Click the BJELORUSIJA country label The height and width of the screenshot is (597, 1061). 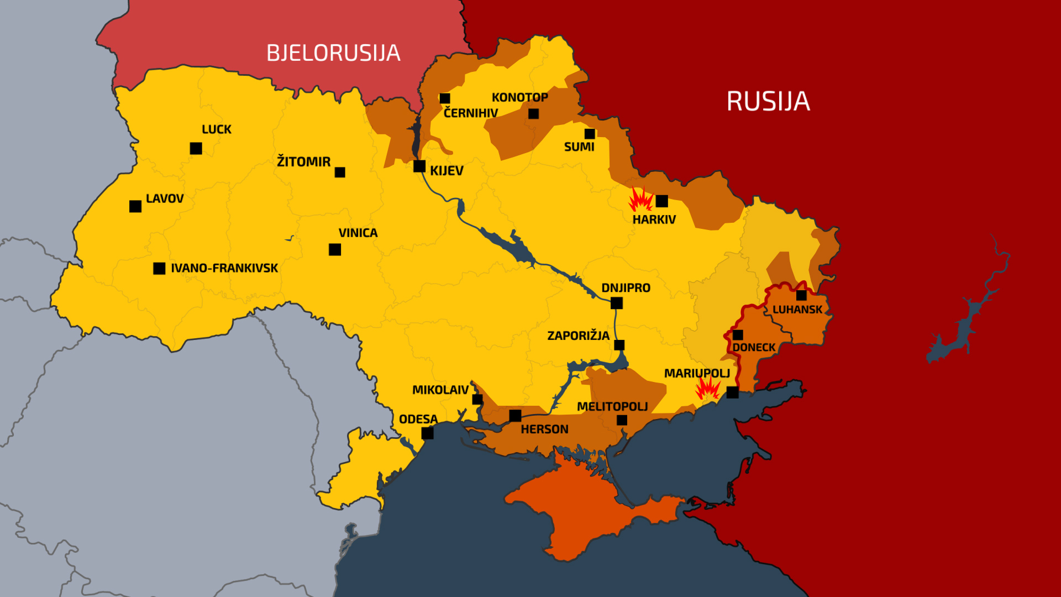333,53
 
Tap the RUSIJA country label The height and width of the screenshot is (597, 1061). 768,101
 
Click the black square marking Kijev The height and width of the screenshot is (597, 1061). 419,166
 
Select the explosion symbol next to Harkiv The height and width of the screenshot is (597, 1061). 640,200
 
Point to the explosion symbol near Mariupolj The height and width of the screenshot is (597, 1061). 707,387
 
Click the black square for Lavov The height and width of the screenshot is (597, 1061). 135,206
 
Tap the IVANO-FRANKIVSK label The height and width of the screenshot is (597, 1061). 224,268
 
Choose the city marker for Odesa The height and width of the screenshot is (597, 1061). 427,433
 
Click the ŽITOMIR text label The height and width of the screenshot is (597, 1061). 303,162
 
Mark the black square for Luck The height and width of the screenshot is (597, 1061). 196,148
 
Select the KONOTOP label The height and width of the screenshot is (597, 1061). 519,97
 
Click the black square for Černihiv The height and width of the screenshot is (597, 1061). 445,98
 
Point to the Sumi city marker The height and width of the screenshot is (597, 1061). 590,134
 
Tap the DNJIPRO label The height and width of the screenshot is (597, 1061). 626,288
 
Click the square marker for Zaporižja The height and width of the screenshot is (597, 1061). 619,345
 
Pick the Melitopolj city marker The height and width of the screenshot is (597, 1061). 622,420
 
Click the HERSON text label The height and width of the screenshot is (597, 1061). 544,430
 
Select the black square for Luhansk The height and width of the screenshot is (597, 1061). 801,295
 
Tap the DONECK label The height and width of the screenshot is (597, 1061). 754,348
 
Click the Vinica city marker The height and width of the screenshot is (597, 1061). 335,250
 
